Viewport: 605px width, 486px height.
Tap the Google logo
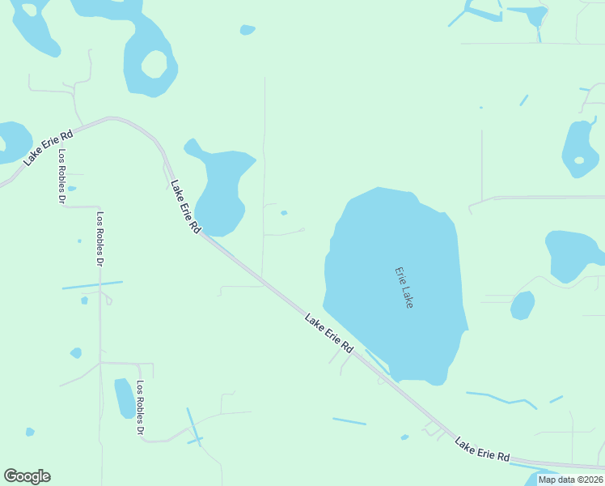[27, 476]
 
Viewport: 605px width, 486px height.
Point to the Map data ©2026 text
[570, 480]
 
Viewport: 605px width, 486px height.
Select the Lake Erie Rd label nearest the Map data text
[482, 450]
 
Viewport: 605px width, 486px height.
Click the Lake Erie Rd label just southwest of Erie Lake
[329, 332]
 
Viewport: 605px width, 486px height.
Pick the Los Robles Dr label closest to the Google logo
[140, 409]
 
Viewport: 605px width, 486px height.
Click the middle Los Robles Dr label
[100, 240]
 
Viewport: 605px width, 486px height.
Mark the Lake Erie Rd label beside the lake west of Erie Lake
[184, 207]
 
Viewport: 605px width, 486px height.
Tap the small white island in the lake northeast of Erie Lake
[579, 160]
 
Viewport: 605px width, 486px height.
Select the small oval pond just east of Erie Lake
[522, 305]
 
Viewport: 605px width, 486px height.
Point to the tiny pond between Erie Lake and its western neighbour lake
[284, 213]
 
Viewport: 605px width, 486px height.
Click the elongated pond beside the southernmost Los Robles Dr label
[125, 398]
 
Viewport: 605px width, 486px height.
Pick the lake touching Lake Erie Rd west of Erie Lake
[220, 188]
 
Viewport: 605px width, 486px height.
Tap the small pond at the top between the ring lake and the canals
[247, 30]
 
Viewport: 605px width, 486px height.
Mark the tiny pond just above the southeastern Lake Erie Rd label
[404, 437]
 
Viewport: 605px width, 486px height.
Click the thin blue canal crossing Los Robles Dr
[91, 285]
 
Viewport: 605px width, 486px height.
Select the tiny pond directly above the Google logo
[30, 432]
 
